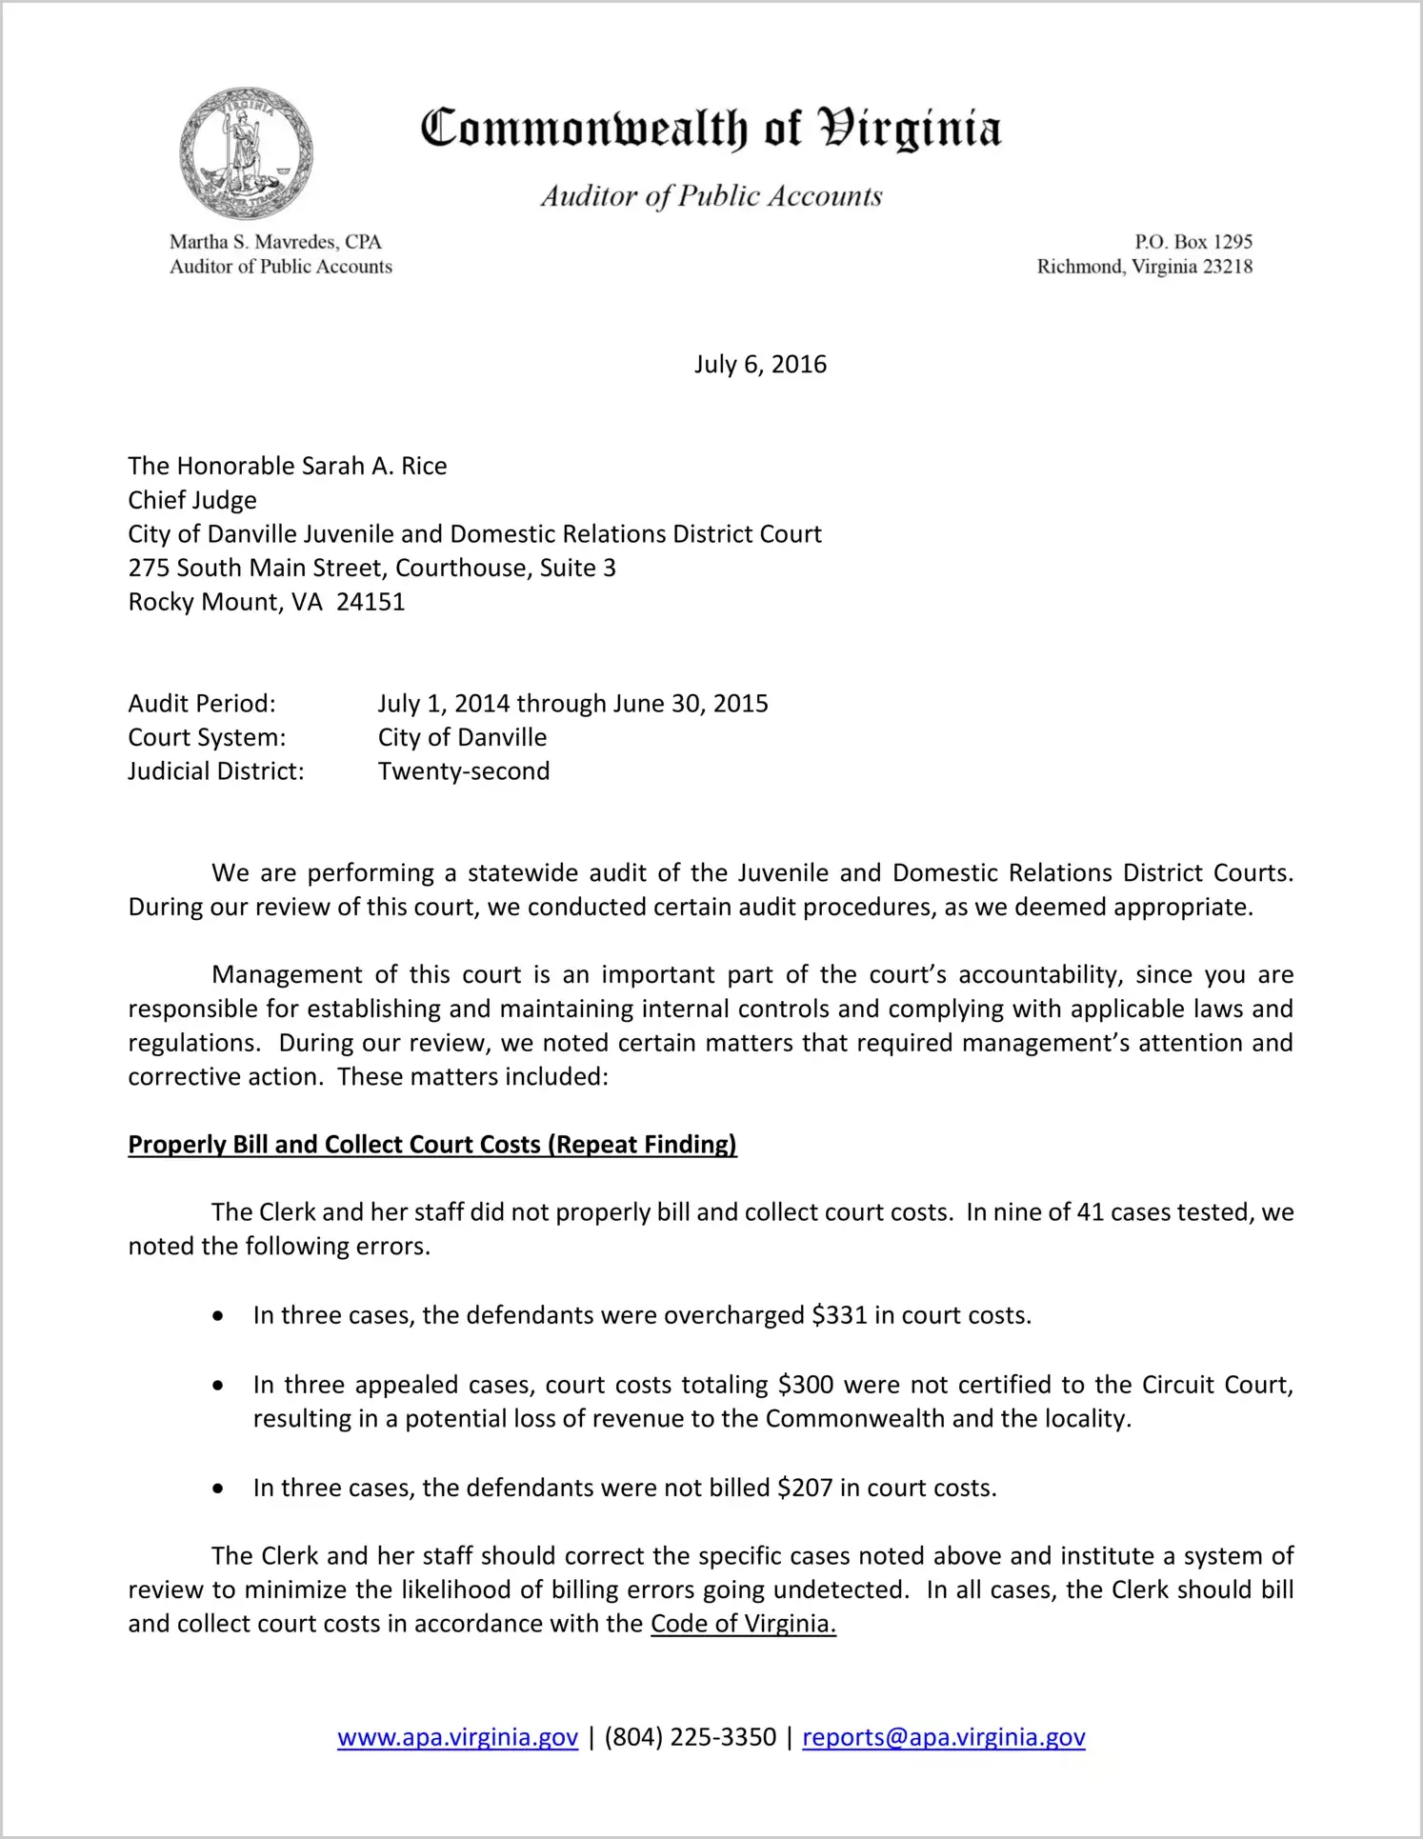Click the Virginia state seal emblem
(x=247, y=153)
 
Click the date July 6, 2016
(x=760, y=365)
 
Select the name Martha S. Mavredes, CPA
(x=275, y=242)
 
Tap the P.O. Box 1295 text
(x=1193, y=242)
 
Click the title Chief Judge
(x=192, y=500)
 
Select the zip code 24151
(x=371, y=602)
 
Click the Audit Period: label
(x=202, y=704)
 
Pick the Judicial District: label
(x=216, y=771)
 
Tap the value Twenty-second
(x=464, y=771)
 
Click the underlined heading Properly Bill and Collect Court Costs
(x=432, y=1145)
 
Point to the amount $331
(x=839, y=1315)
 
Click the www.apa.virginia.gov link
(x=457, y=1737)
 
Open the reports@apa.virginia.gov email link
(x=943, y=1737)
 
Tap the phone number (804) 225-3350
(x=690, y=1737)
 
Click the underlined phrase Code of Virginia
(x=743, y=1624)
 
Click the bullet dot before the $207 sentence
(x=219, y=1489)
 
